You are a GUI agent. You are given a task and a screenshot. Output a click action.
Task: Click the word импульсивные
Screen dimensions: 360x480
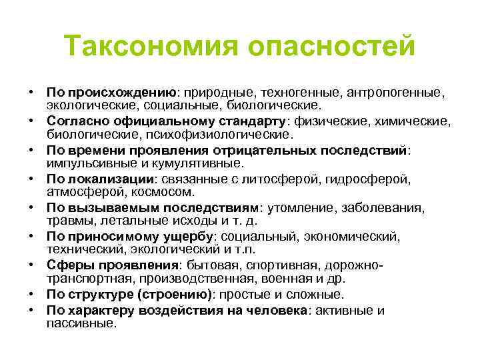tap(86, 162)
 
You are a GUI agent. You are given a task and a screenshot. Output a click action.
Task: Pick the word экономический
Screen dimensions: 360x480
tap(352, 236)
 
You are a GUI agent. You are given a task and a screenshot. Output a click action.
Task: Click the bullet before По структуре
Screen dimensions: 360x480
tap(31, 294)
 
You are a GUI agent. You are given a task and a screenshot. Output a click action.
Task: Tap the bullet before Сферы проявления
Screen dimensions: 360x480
tap(31, 265)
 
